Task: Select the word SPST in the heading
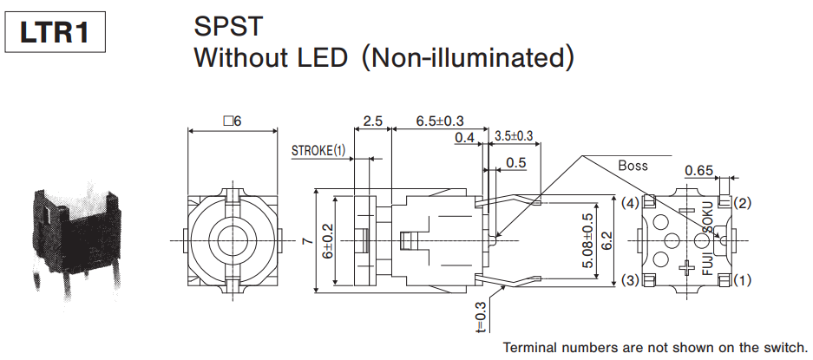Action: click(x=228, y=26)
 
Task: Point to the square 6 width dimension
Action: click(x=232, y=121)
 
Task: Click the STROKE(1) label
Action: click(x=318, y=150)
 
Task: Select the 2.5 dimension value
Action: click(x=373, y=121)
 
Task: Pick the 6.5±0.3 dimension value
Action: click(x=439, y=121)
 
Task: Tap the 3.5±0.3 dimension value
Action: click(x=514, y=136)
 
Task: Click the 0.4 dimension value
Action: click(x=464, y=137)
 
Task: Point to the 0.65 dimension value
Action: click(x=699, y=170)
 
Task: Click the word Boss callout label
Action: click(x=633, y=165)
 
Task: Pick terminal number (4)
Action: click(x=631, y=203)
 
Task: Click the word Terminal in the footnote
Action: click(x=532, y=347)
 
